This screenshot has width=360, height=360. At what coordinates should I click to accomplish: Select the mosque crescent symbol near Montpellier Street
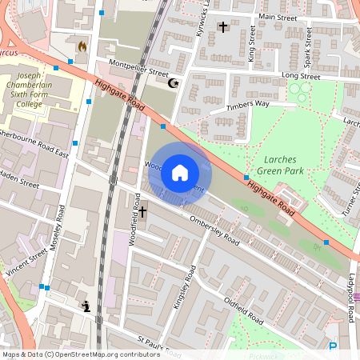(x=170, y=82)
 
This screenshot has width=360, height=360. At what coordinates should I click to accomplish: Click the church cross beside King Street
(x=223, y=27)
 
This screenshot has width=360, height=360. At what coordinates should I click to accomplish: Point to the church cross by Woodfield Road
(x=143, y=213)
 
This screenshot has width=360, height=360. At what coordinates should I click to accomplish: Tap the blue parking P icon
(x=333, y=346)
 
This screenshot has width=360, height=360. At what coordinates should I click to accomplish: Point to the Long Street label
(x=300, y=77)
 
